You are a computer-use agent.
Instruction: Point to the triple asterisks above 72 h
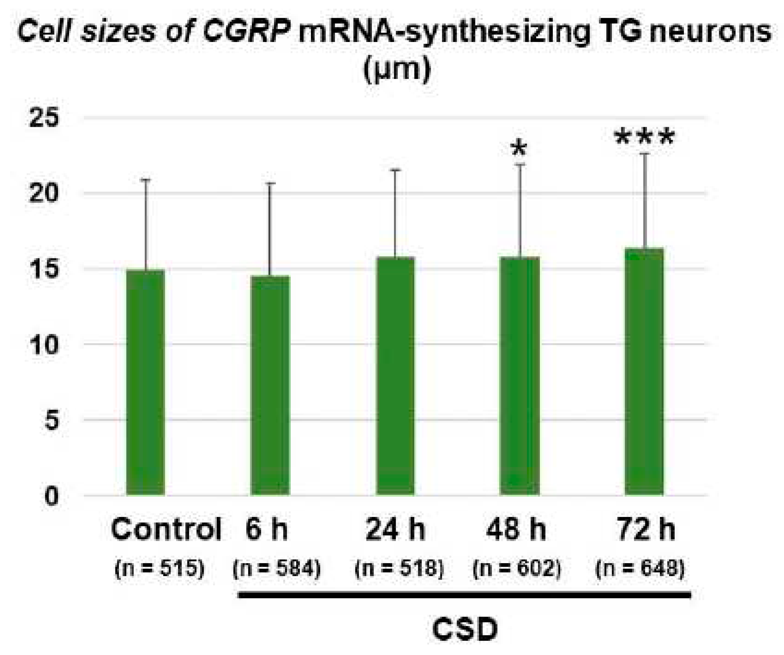pos(644,137)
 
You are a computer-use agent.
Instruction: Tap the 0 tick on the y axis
pos(51,497)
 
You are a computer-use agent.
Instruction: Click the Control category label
pos(166,529)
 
